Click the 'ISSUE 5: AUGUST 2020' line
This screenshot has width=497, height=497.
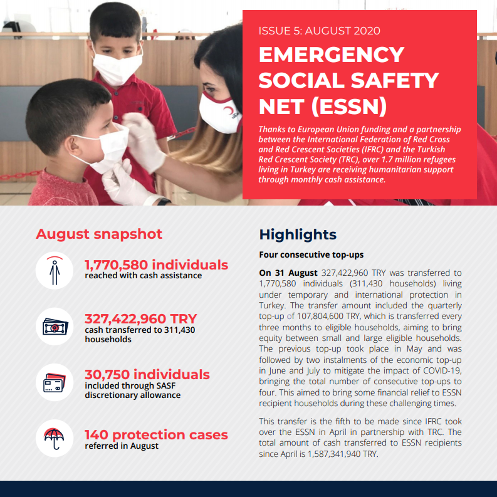click(319, 31)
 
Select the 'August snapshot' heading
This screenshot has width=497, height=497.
click(99, 234)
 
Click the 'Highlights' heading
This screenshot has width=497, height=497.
click(298, 235)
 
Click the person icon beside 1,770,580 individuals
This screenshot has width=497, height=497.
click(55, 270)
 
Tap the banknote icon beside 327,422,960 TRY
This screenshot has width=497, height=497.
click(55, 327)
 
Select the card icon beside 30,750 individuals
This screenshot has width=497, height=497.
click(55, 382)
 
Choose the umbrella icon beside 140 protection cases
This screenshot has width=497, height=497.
click(55, 438)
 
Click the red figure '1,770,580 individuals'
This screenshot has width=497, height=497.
click(156, 264)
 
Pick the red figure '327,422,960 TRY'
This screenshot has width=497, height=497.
click(141, 319)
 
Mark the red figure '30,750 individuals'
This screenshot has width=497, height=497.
click(147, 375)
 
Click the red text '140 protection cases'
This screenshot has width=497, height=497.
click(156, 434)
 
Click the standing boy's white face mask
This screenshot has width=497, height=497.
click(117, 65)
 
